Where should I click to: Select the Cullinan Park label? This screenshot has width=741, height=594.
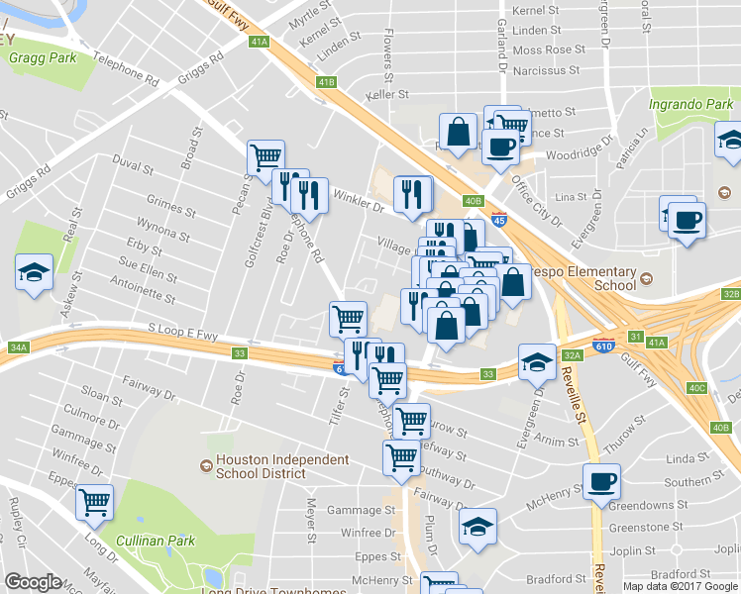point(155,541)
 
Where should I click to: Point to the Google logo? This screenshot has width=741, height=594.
point(33,582)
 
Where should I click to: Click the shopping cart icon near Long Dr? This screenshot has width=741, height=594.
point(95,503)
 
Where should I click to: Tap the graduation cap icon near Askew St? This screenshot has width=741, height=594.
point(34,273)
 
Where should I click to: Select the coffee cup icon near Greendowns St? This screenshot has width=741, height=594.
point(601,482)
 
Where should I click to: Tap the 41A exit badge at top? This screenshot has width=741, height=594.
point(260,42)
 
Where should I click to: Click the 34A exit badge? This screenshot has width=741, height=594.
point(17,347)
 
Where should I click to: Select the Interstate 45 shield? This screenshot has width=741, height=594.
point(500,214)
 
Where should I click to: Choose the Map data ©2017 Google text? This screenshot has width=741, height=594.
point(680,586)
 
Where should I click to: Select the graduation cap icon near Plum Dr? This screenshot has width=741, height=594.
point(478,527)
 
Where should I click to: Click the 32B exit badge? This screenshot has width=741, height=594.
point(731,294)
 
